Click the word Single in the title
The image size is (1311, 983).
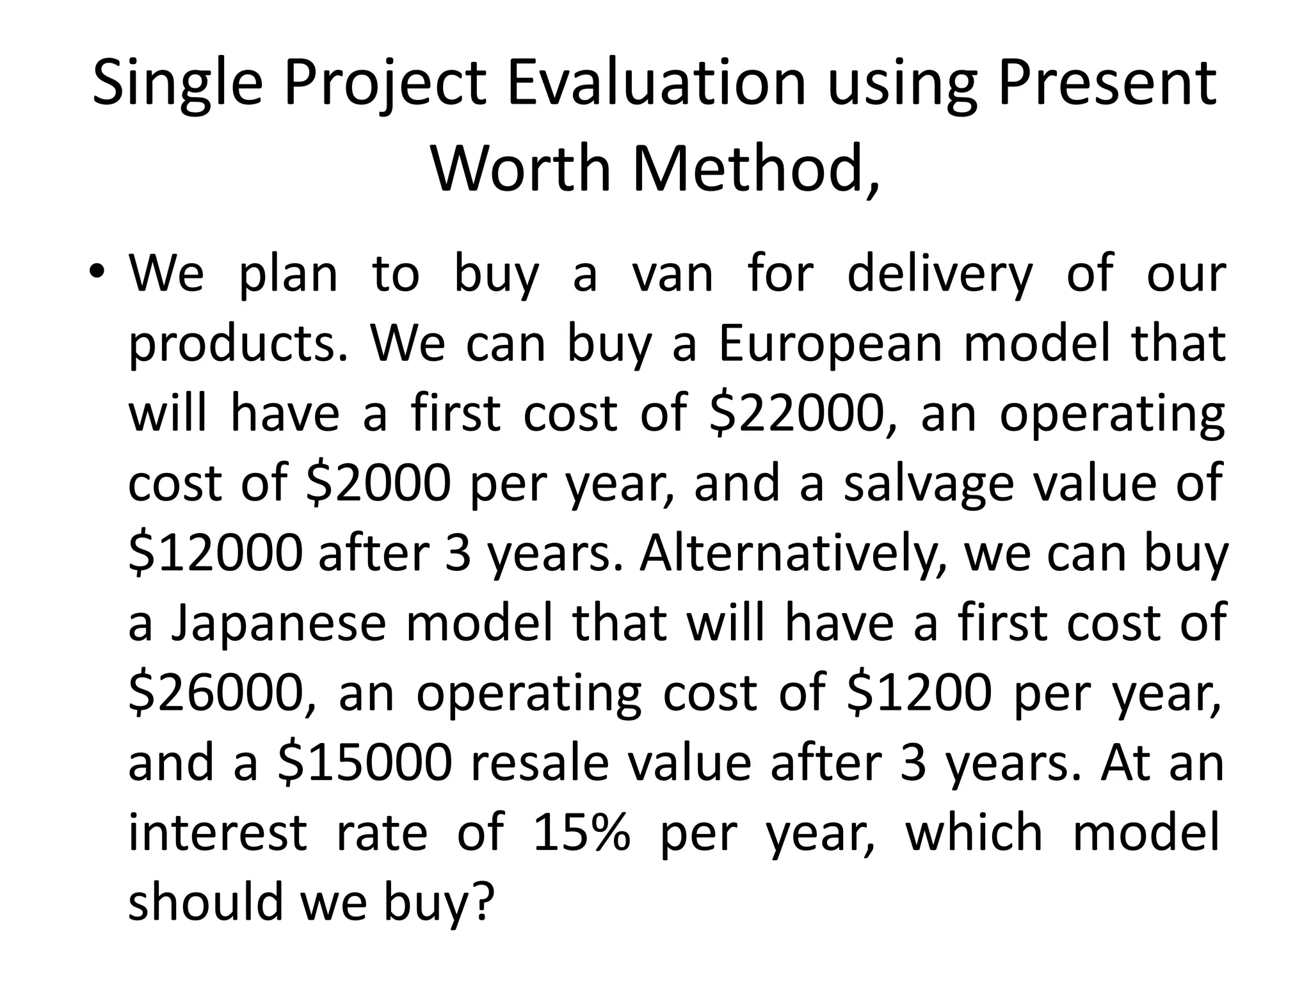click(177, 84)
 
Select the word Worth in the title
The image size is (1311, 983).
click(521, 168)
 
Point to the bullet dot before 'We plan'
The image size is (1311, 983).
click(96, 271)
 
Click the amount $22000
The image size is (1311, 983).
click(797, 414)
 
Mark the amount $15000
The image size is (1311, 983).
click(366, 763)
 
